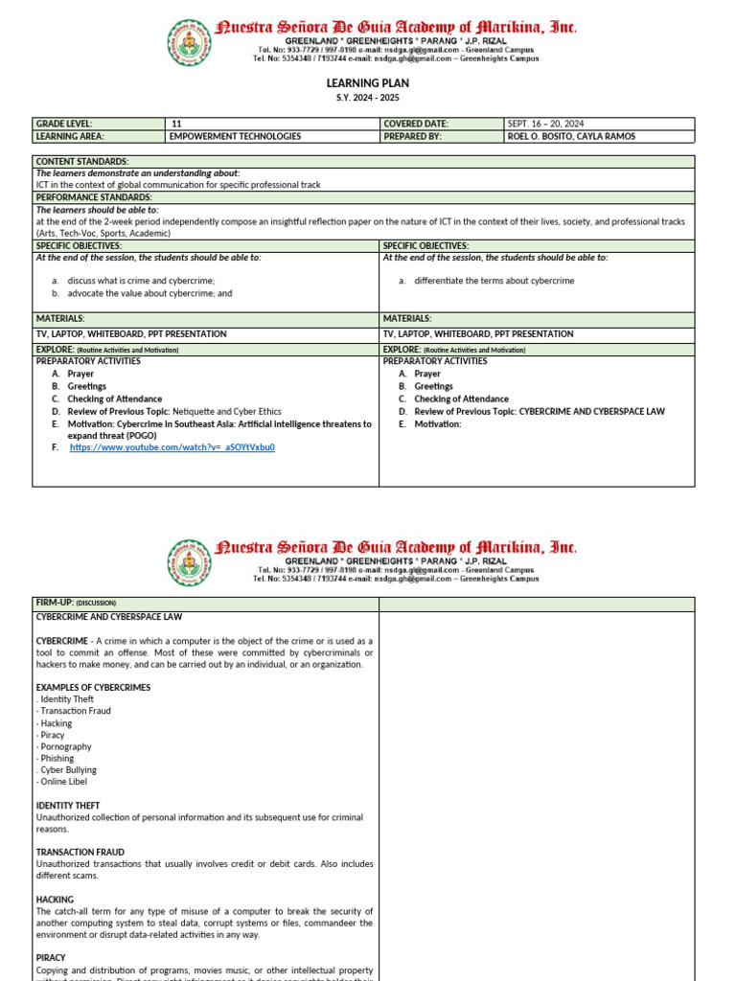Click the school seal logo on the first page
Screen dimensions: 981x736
(189, 43)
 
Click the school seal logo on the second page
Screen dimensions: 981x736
(189, 562)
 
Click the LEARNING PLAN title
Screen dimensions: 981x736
(368, 83)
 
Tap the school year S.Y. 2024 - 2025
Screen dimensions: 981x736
(368, 99)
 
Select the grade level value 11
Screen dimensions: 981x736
(175, 124)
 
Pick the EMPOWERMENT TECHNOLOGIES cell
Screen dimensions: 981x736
(235, 136)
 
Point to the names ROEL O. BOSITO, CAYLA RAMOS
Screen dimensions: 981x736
(571, 136)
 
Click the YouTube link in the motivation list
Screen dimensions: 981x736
(172, 447)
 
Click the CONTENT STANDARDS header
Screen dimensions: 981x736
(82, 161)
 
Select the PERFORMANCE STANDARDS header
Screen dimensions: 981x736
(94, 197)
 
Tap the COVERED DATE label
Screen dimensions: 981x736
(416, 124)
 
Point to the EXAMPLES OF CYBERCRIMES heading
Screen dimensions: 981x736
(93, 687)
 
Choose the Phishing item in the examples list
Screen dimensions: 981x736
(57, 758)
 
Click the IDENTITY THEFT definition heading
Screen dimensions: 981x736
(68, 806)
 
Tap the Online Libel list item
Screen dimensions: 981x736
(61, 782)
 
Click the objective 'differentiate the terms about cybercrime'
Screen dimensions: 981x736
(494, 281)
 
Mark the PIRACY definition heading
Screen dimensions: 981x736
(51, 957)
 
